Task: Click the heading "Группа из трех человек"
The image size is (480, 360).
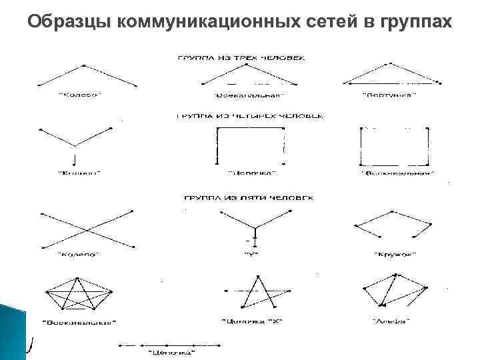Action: click(x=241, y=57)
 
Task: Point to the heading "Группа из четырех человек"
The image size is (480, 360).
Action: click(x=249, y=116)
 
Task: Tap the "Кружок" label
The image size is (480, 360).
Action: click(x=391, y=254)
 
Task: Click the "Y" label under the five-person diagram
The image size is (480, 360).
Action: click(x=251, y=254)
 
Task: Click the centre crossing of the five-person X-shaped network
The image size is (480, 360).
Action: click(x=88, y=229)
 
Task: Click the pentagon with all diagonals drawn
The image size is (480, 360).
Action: click(x=79, y=293)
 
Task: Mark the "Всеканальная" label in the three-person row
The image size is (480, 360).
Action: click(x=237, y=95)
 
